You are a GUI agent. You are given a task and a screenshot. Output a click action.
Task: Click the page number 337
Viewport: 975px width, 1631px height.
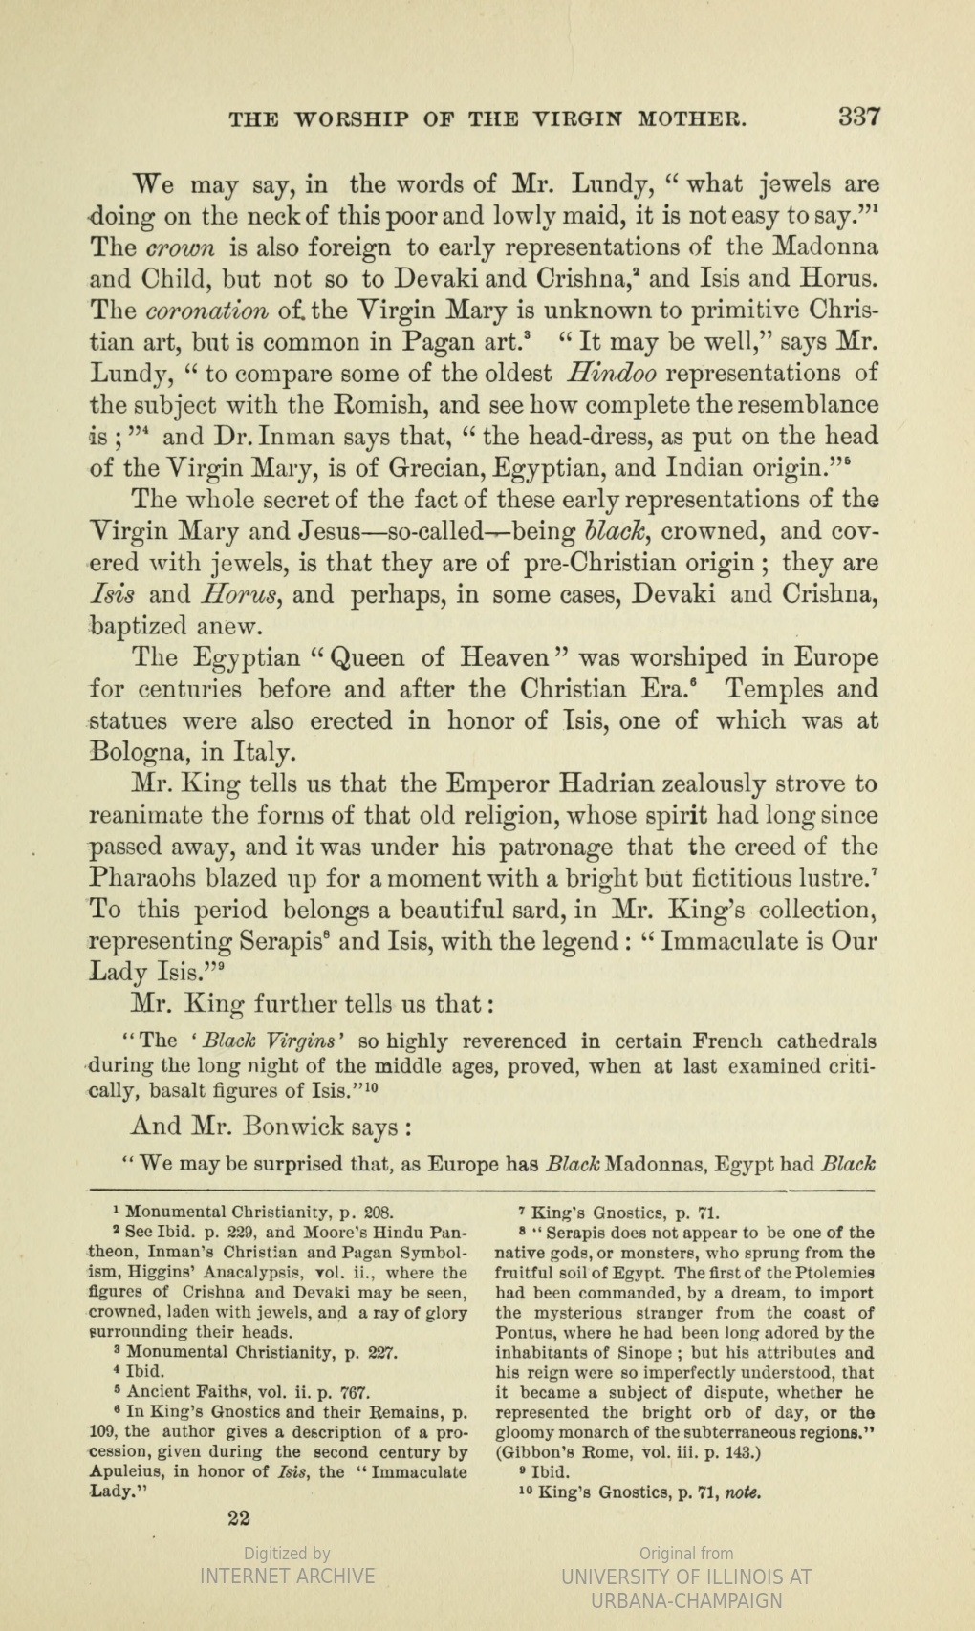point(858,118)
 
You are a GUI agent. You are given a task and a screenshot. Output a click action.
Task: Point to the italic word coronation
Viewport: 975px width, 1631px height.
point(200,311)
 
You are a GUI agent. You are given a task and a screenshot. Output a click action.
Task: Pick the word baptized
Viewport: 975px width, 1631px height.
point(137,626)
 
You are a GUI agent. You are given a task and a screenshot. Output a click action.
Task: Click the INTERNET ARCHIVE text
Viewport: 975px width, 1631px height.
point(287,1576)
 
